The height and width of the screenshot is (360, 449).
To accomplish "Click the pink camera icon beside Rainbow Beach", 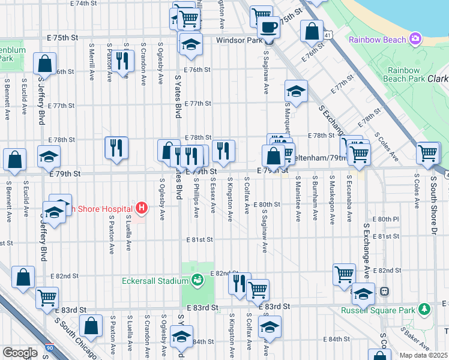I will (415, 40).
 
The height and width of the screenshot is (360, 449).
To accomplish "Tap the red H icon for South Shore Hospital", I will (142, 208).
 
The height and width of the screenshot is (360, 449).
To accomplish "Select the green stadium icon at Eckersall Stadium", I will (197, 280).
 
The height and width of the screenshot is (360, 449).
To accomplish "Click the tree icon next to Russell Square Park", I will (425, 310).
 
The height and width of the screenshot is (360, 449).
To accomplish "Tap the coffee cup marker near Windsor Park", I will (268, 28).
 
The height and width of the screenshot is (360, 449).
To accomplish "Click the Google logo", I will (20, 353).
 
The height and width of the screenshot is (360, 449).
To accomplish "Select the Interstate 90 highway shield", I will (49, 347).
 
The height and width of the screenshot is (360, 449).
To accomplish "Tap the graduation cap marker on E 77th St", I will (296, 92).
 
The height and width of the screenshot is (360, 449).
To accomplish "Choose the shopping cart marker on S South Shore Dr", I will (427, 153).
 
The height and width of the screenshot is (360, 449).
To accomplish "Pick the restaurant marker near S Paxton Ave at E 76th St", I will (123, 61).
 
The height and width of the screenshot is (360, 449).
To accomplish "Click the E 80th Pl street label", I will (385, 220).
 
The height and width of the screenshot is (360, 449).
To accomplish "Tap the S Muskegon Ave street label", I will (331, 198).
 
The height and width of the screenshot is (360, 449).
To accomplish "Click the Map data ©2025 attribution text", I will (423, 355).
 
